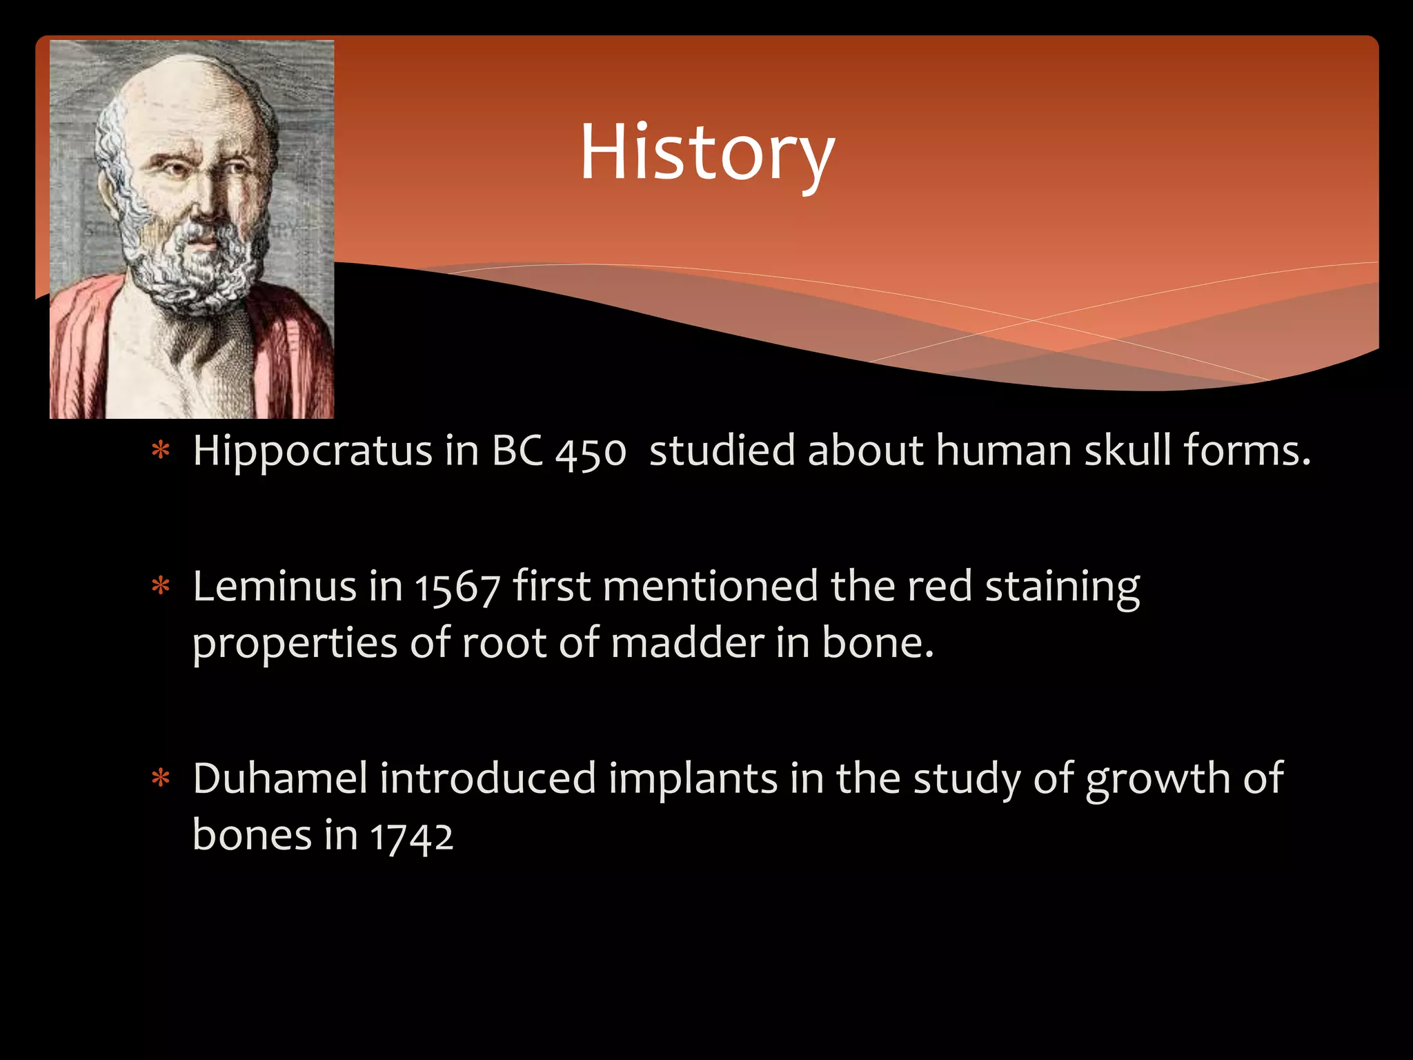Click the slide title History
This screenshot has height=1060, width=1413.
[706, 153]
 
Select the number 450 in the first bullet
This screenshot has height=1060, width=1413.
[591, 453]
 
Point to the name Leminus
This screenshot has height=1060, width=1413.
[274, 587]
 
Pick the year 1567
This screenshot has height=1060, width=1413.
[457, 589]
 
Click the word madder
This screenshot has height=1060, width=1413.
[687, 643]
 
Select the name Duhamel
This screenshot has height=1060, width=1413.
[279, 779]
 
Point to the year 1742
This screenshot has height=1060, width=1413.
[412, 837]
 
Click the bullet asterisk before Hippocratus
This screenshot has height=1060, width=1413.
[161, 452]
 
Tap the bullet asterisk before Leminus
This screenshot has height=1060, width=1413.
[161, 587]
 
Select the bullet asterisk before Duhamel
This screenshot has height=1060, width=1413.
[161, 779]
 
